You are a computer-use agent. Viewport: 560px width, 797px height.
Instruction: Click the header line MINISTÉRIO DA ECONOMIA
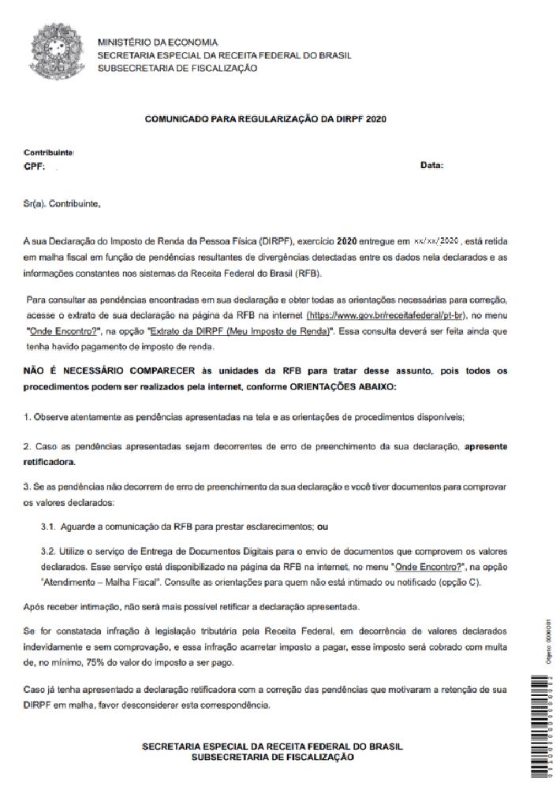click(158, 42)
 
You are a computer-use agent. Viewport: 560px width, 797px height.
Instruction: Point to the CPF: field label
click(35, 166)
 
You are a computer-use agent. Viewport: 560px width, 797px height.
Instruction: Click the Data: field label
click(432, 166)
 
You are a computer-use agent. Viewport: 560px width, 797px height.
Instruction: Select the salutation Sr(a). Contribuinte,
click(62, 204)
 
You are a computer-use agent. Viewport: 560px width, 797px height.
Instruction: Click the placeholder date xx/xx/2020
click(436, 239)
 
